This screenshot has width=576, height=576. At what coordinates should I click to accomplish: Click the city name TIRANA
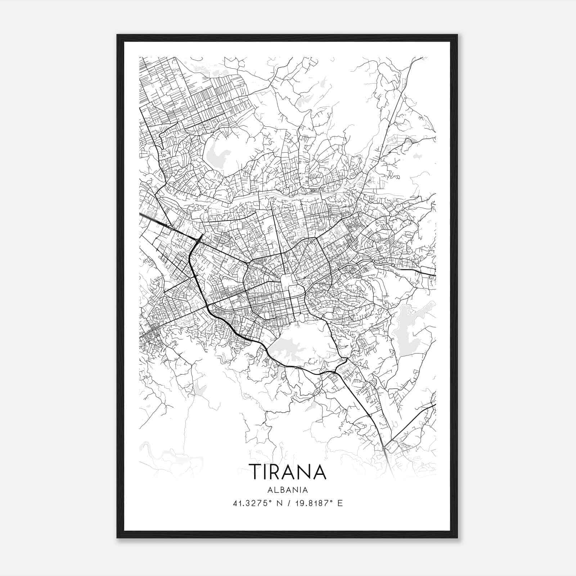(288, 472)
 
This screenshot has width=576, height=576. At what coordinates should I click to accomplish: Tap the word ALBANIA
(288, 490)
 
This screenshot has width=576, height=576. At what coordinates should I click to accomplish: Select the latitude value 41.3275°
(251, 503)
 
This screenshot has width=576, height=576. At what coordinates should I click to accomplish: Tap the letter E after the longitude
(340, 503)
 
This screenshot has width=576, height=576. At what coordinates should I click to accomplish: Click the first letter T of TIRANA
(257, 472)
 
